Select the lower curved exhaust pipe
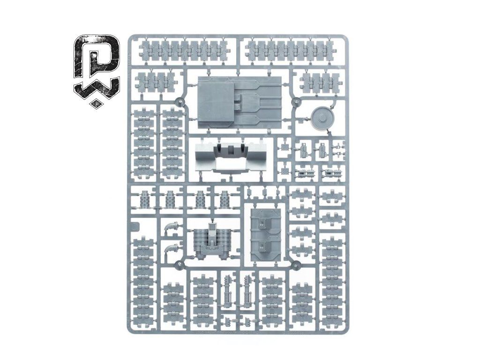[x=172, y=248]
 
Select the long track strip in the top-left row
[x=183, y=50]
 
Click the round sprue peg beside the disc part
[x=296, y=102]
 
